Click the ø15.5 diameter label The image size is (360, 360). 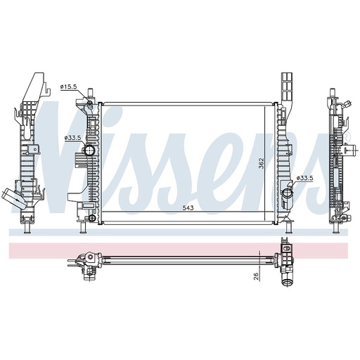[68, 86]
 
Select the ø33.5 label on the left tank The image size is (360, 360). [72, 138]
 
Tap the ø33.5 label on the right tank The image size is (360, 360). [304, 178]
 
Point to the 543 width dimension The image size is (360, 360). [188, 208]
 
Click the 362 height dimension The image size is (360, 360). [261, 163]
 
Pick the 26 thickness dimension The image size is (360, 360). [256, 276]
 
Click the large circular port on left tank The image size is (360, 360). [89, 150]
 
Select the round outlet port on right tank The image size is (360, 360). [286, 193]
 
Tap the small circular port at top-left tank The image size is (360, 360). [89, 103]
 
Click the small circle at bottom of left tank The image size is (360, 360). [92, 218]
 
